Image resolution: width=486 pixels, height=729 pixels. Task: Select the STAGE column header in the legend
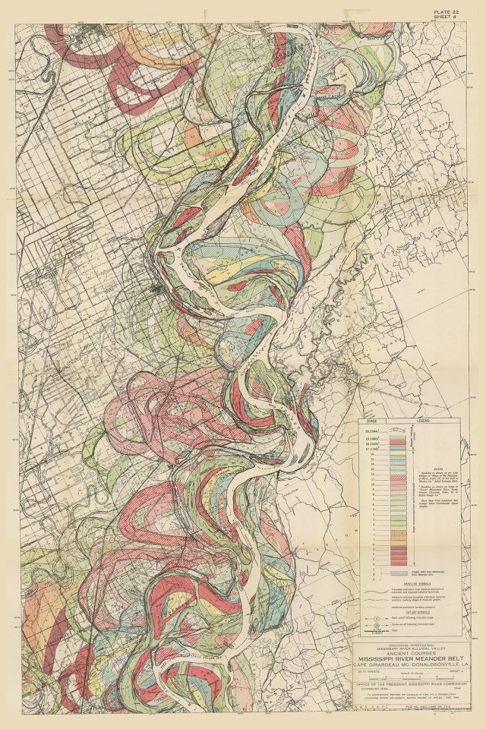pyautogui.click(x=372, y=420)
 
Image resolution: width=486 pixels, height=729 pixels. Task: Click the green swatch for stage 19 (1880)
pyautogui.click(x=398, y=437)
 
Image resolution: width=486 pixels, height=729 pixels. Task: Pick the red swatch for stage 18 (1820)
pyautogui.click(x=398, y=443)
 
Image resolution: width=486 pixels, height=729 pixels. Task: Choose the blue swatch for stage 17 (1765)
pyautogui.click(x=398, y=448)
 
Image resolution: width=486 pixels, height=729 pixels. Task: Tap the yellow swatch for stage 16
pyautogui.click(x=398, y=454)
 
